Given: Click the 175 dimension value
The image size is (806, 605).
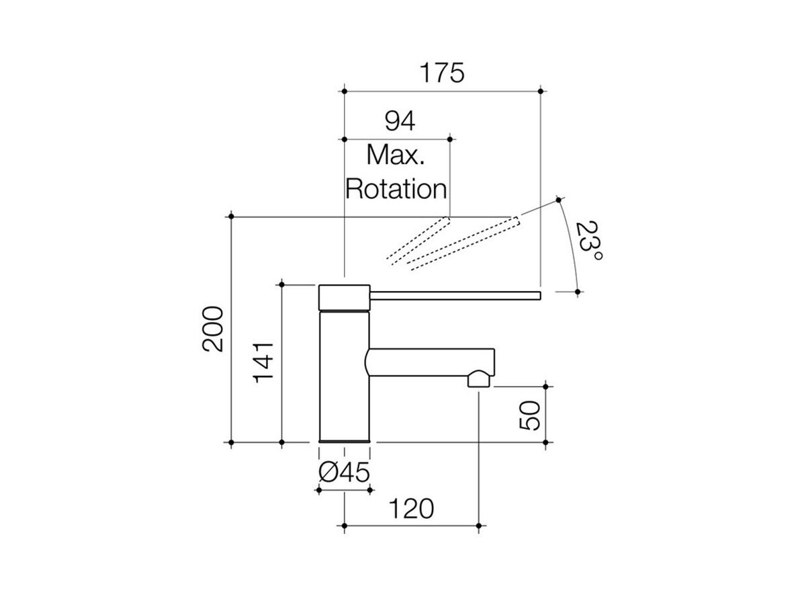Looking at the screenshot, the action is pos(442,73).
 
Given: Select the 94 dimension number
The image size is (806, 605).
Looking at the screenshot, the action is pos(400,121).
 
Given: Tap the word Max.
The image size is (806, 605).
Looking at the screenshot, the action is pos(396,155).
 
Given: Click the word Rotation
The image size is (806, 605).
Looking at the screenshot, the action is pos(396,189).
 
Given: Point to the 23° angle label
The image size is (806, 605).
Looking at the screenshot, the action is pos(588,241).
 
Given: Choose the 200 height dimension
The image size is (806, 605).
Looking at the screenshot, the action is pos(213,329).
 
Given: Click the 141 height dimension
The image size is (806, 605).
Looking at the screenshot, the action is pos(263,362).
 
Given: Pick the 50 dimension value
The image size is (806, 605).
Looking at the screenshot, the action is pos(530,415).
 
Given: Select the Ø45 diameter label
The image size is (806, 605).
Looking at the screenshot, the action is pos(344,473).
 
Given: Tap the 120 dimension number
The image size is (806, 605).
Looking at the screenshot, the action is pos(411,509).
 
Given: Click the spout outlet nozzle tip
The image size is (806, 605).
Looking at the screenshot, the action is pos(479,378).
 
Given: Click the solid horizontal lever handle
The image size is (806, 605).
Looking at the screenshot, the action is pos(455,295).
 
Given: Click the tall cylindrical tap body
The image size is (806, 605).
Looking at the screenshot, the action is pos(344,376).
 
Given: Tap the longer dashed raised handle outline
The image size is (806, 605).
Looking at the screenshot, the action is pos(463,243).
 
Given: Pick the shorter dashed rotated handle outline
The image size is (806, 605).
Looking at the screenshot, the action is pos(418,240).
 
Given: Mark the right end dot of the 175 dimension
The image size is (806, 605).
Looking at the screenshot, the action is pos(541,91).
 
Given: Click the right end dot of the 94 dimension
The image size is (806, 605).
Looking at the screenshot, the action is pos(450,139).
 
